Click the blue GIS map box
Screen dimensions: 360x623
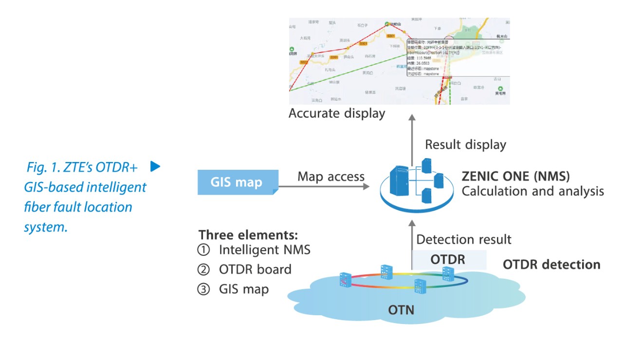tap(238, 182)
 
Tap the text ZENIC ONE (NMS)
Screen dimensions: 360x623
tap(515, 176)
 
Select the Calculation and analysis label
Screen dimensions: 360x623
tap(532, 191)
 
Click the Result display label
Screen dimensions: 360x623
tap(465, 144)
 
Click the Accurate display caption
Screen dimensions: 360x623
tap(337, 113)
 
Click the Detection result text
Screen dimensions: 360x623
tap(464, 239)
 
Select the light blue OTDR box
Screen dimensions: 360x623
tap(448, 260)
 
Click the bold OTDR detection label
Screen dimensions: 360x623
tap(551, 265)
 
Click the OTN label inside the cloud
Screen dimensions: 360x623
tap(401, 309)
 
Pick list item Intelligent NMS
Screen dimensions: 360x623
tap(264, 251)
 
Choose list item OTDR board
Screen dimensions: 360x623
tap(255, 270)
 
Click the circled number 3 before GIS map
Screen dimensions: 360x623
tap(203, 289)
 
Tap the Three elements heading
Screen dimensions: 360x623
tap(248, 234)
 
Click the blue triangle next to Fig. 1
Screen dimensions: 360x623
tap(155, 166)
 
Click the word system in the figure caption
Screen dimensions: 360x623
tap(46, 227)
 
